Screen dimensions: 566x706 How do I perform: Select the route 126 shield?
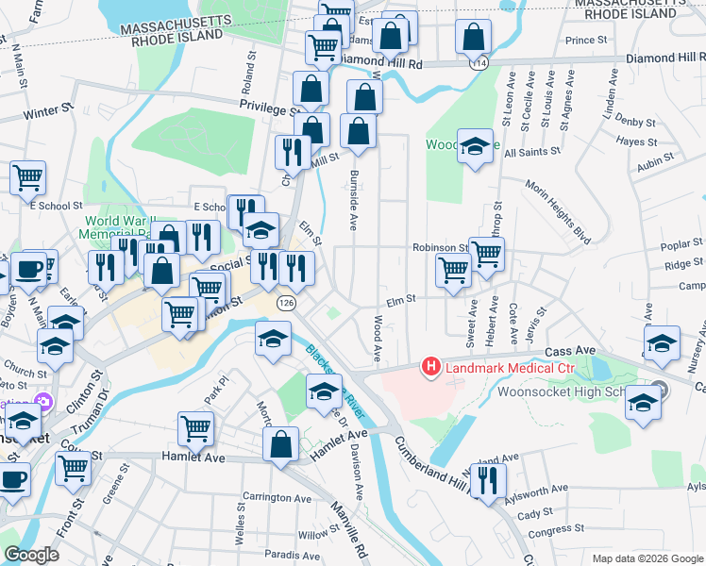point(285,303)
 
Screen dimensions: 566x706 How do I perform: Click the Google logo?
point(32,555)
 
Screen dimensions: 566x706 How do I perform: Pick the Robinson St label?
point(440,247)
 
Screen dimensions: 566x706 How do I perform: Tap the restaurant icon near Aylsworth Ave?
point(488,480)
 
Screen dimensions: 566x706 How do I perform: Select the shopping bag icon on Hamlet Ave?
point(281,446)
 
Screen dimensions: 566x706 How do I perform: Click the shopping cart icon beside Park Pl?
point(195,428)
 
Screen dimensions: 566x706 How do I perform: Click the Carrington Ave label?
point(277,497)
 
